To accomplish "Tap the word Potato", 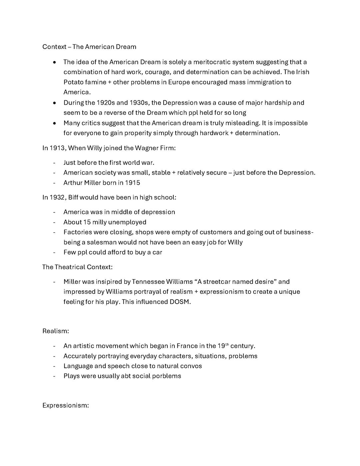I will [x=73, y=82].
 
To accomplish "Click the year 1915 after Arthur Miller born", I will [x=133, y=182].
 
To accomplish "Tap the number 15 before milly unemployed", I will [x=87, y=222].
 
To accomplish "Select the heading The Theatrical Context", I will [x=77, y=267].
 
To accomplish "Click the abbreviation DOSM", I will [x=180, y=302].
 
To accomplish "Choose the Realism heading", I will [x=56, y=331].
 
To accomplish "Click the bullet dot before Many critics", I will [x=54, y=123].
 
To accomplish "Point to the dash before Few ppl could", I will [x=54, y=252].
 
